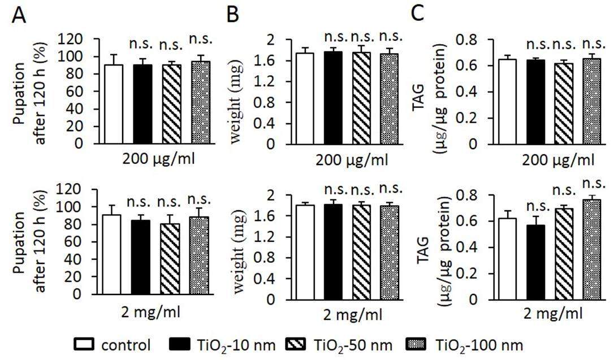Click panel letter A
(x=19, y=17)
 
